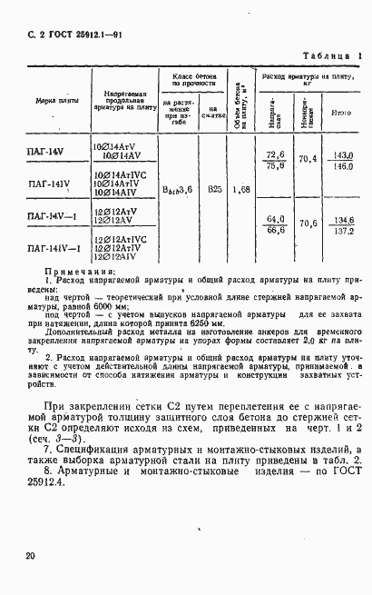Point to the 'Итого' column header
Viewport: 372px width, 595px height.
click(x=341, y=113)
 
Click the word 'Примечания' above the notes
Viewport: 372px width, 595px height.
click(x=79, y=273)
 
